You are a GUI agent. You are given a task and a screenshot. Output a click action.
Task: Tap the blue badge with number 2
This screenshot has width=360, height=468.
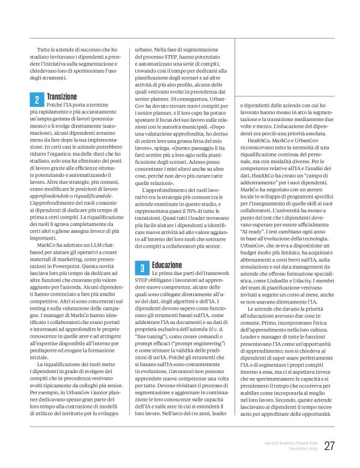(x=36, y=99)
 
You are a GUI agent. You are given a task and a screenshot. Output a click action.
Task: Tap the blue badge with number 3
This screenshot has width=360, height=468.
(x=142, y=268)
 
